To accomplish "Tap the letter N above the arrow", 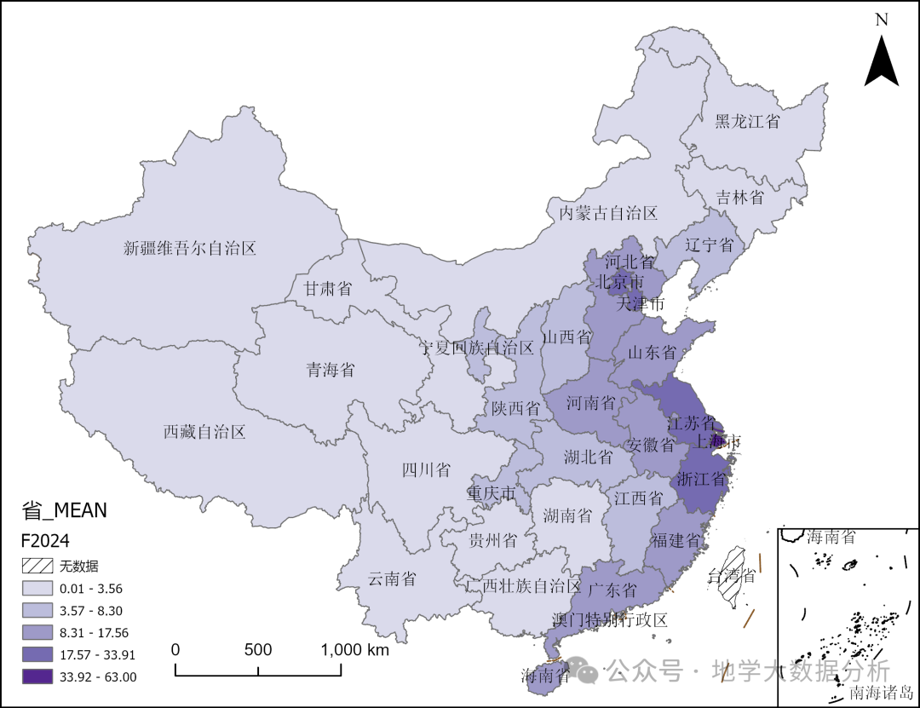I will click(882, 19).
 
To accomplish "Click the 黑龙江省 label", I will click(747, 121).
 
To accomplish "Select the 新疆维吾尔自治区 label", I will click(190, 249).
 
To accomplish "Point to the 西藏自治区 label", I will click(204, 432).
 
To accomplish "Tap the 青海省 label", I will click(331, 370).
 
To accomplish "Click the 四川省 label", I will click(426, 470).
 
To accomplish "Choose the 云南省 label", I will click(392, 579).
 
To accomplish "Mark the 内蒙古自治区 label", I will click(608, 212).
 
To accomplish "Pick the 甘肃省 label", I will click(328, 289).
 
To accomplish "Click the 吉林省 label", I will click(739, 197).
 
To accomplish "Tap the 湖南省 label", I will click(567, 515).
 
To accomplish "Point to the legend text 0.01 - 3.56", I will click(91, 589).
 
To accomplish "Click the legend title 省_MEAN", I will click(65, 510).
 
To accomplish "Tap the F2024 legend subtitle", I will click(45, 541).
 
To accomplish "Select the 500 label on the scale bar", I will click(258, 650).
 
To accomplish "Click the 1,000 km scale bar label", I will click(354, 650).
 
